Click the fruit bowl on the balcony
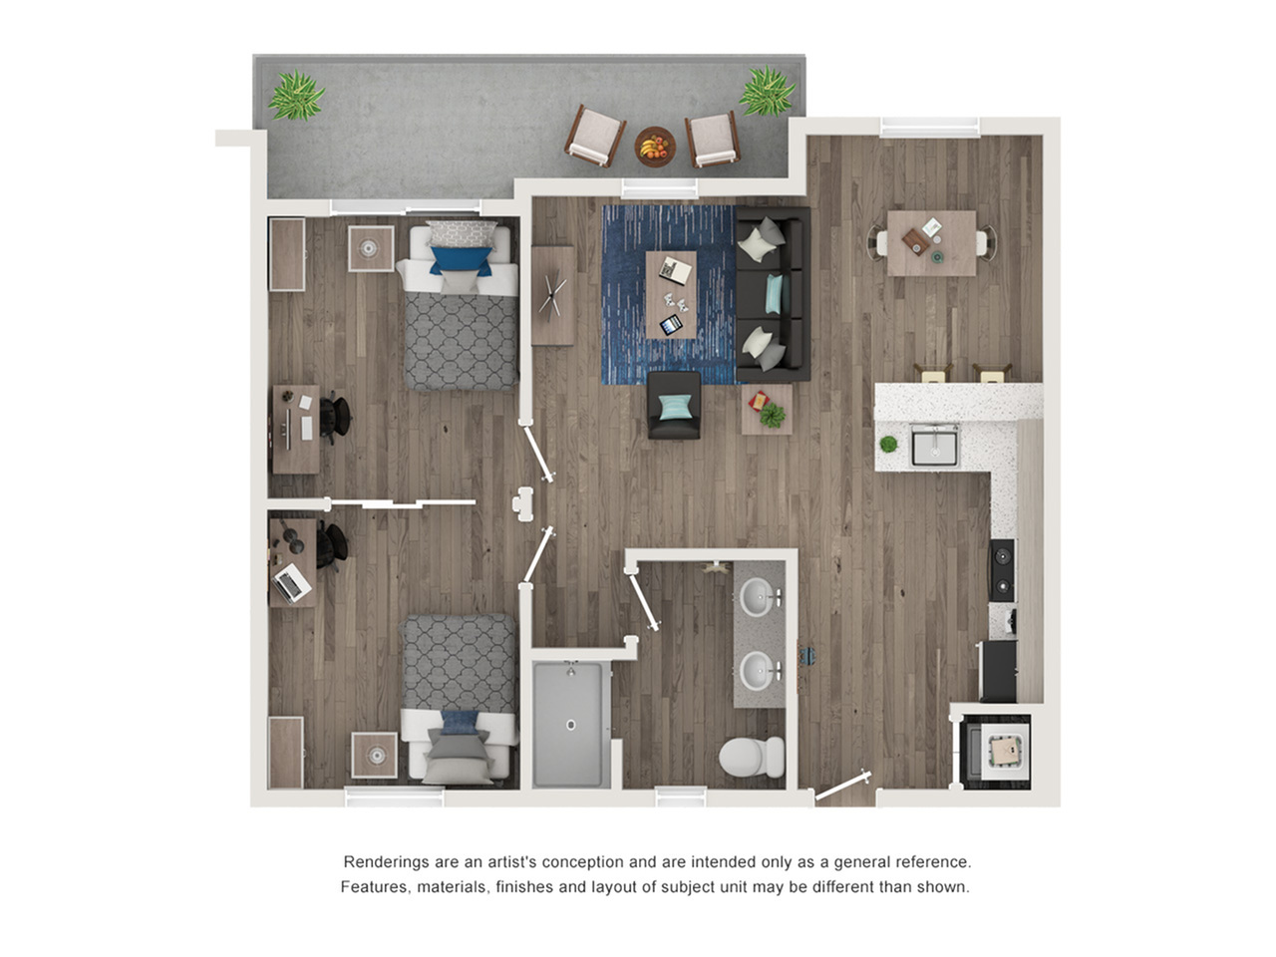(655, 147)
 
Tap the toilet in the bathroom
(752, 757)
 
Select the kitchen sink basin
(934, 446)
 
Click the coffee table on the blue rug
(671, 295)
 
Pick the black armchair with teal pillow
(674, 405)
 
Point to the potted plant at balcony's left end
(296, 96)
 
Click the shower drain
(571, 725)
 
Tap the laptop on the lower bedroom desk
(291, 583)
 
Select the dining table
(931, 243)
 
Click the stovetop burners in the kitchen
(1002, 570)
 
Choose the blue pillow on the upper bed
(461, 260)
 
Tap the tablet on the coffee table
(672, 324)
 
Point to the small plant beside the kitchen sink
(888, 444)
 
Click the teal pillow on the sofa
(774, 294)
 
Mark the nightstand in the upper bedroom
(371, 248)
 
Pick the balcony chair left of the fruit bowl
(595, 136)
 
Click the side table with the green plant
(767, 409)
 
